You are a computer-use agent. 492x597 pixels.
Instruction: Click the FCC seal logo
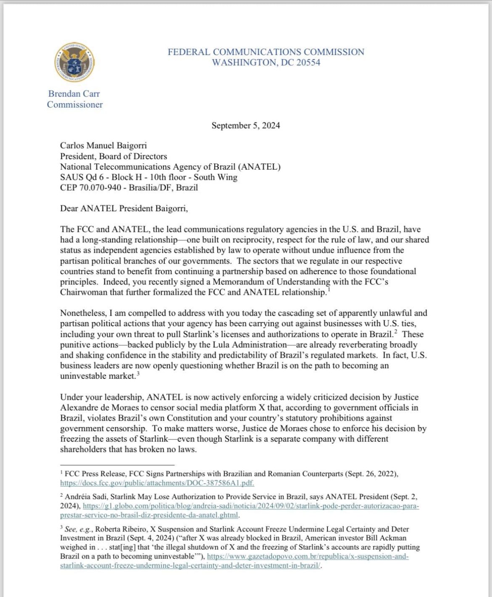(74, 63)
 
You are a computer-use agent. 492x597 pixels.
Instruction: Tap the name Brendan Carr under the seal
(74, 94)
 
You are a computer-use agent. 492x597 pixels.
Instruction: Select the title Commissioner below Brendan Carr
(75, 105)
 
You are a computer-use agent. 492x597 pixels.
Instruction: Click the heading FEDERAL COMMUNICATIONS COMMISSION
(266, 52)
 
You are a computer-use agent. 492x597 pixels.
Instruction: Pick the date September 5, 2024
(246, 126)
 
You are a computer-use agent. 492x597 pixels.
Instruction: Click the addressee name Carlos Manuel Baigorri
(103, 146)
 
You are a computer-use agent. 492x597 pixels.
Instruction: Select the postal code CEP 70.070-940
(92, 188)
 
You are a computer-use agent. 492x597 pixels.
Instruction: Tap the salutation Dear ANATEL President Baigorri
(124, 209)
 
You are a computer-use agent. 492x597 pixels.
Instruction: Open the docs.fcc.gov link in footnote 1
(157, 483)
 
